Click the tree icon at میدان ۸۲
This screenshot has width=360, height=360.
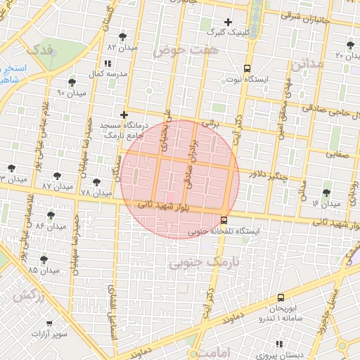(x=123, y=36)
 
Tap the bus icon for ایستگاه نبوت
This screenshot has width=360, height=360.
(x=247, y=68)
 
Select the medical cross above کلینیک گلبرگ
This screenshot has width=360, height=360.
(x=227, y=22)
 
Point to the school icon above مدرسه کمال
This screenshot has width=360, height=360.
(x=106, y=64)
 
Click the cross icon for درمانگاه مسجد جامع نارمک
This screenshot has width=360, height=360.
(x=124, y=115)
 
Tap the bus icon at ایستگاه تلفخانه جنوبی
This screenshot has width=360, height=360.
(x=224, y=220)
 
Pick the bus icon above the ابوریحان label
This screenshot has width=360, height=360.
(x=281, y=298)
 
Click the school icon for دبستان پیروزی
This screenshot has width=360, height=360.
(x=279, y=344)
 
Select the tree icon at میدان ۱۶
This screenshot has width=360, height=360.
(x=326, y=193)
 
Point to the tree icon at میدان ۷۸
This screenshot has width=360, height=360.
(x=96, y=182)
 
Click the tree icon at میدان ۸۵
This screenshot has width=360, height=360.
(x=44, y=259)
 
